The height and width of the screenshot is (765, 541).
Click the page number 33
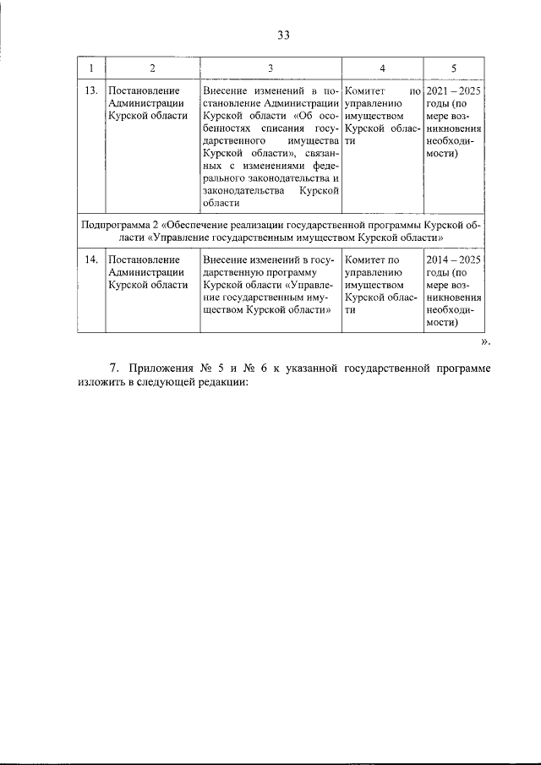point(283,35)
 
